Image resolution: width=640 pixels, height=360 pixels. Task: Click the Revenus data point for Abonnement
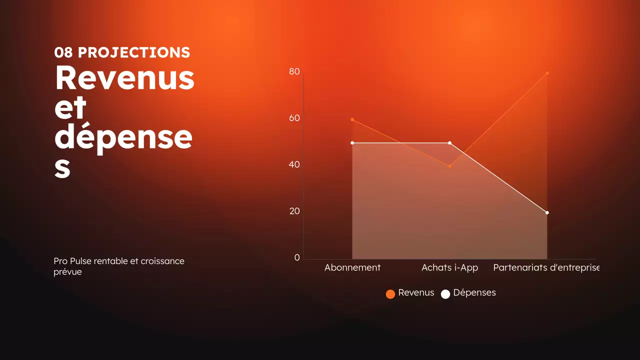(352, 120)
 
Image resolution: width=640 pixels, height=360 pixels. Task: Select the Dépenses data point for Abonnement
(352, 143)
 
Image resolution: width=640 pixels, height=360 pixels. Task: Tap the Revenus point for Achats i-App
(450, 166)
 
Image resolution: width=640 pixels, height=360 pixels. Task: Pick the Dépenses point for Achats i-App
(450, 143)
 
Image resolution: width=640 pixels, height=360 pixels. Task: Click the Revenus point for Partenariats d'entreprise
(547, 73)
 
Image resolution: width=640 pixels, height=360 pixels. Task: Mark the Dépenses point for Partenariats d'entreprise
(547, 212)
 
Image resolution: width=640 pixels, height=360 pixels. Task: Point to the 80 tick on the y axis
(294, 72)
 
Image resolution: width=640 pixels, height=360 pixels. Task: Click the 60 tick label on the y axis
(294, 118)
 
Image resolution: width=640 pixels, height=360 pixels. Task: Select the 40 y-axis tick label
(294, 164)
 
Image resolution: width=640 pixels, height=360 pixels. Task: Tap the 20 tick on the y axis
(294, 211)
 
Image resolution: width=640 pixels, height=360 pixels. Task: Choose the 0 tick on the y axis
(297, 257)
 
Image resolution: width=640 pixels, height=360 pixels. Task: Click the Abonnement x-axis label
(352, 267)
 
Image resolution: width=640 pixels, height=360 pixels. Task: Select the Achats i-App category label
(450, 267)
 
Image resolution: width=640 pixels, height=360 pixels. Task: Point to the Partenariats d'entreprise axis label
(546, 267)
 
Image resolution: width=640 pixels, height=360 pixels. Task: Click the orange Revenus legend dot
(390, 294)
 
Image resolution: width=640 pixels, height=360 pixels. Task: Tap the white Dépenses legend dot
(445, 294)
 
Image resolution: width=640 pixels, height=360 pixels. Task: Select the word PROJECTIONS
(134, 52)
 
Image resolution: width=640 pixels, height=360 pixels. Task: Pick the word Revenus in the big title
(124, 78)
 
